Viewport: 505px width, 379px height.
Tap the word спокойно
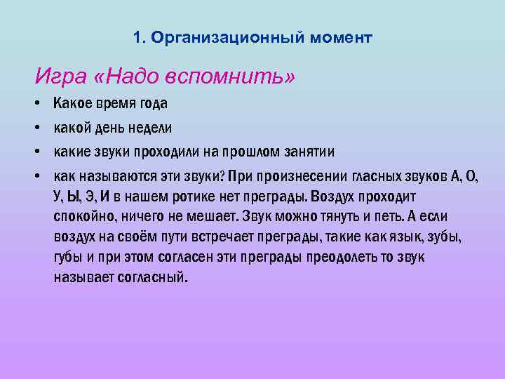(85, 217)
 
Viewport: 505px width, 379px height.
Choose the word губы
(69, 257)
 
